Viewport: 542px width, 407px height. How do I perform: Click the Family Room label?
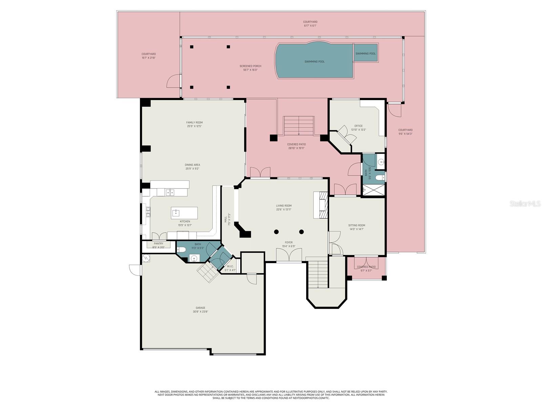[194, 122]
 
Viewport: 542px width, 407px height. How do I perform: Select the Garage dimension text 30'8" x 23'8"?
[200, 312]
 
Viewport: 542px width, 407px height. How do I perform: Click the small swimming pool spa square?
[366, 53]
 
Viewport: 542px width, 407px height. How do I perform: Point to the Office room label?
[358, 126]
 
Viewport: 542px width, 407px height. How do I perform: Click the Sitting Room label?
[357, 225]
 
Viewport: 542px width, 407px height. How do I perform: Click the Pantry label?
[159, 244]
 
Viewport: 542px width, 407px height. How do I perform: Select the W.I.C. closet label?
[230, 266]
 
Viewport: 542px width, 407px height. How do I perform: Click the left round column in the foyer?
[276, 232]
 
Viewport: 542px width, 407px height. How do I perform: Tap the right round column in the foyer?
[301, 232]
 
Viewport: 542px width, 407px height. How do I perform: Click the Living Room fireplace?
[321, 205]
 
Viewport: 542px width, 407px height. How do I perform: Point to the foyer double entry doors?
[289, 255]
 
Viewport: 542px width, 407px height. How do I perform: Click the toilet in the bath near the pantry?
[182, 250]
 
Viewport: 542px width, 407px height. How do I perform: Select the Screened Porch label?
[250, 66]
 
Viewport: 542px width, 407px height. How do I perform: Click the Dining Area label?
[192, 165]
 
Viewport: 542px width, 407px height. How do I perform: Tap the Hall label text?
[226, 219]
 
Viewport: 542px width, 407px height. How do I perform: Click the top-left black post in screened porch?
[192, 47]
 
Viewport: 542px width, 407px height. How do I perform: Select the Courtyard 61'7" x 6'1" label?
[310, 22]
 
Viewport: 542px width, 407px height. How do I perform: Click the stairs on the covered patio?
[299, 125]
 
